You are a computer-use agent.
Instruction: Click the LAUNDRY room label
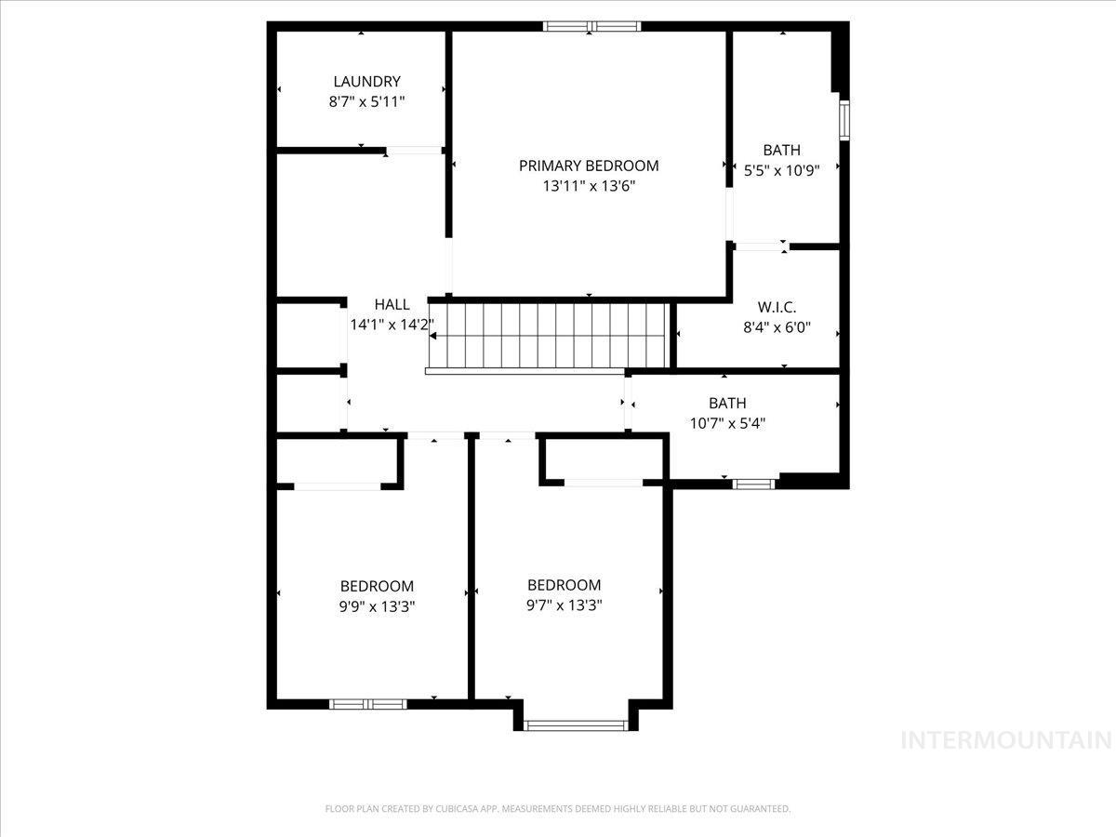tap(366, 82)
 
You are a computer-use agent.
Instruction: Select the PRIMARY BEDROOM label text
tap(589, 166)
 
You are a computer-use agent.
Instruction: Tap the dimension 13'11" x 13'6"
tap(589, 186)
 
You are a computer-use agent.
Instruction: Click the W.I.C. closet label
tap(777, 307)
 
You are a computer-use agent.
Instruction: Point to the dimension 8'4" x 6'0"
tap(777, 327)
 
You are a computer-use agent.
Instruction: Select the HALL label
tap(392, 304)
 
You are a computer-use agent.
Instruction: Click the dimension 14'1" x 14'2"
tap(392, 325)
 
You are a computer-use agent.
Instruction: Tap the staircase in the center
tap(549, 336)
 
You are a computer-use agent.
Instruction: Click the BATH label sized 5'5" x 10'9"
tap(781, 150)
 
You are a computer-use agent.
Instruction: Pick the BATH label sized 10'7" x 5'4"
tap(727, 403)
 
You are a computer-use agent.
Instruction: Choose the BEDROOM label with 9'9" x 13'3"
tap(377, 586)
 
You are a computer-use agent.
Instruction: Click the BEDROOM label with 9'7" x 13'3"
tap(564, 585)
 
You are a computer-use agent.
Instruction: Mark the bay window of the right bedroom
tap(576, 724)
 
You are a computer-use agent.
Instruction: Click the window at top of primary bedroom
tap(592, 26)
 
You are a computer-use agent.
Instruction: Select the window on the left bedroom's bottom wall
tap(368, 704)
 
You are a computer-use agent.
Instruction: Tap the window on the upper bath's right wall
tap(844, 120)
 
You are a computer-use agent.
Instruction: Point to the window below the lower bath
tap(753, 484)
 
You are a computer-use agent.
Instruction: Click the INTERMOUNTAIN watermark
tap(1007, 740)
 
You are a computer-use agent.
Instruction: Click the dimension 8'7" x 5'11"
tap(366, 102)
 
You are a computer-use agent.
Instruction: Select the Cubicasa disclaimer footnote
tap(558, 809)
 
